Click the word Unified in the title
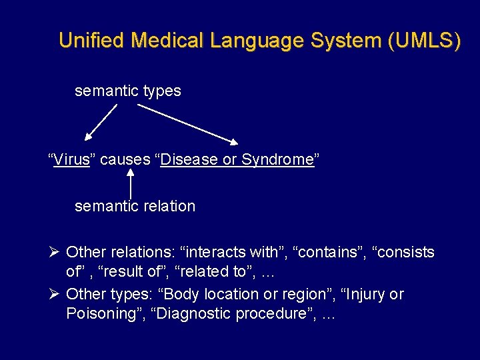(x=92, y=40)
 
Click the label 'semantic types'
(x=127, y=91)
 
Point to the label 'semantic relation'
(x=135, y=206)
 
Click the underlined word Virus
(x=71, y=160)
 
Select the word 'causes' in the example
(x=125, y=160)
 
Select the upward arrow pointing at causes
(x=130, y=183)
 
